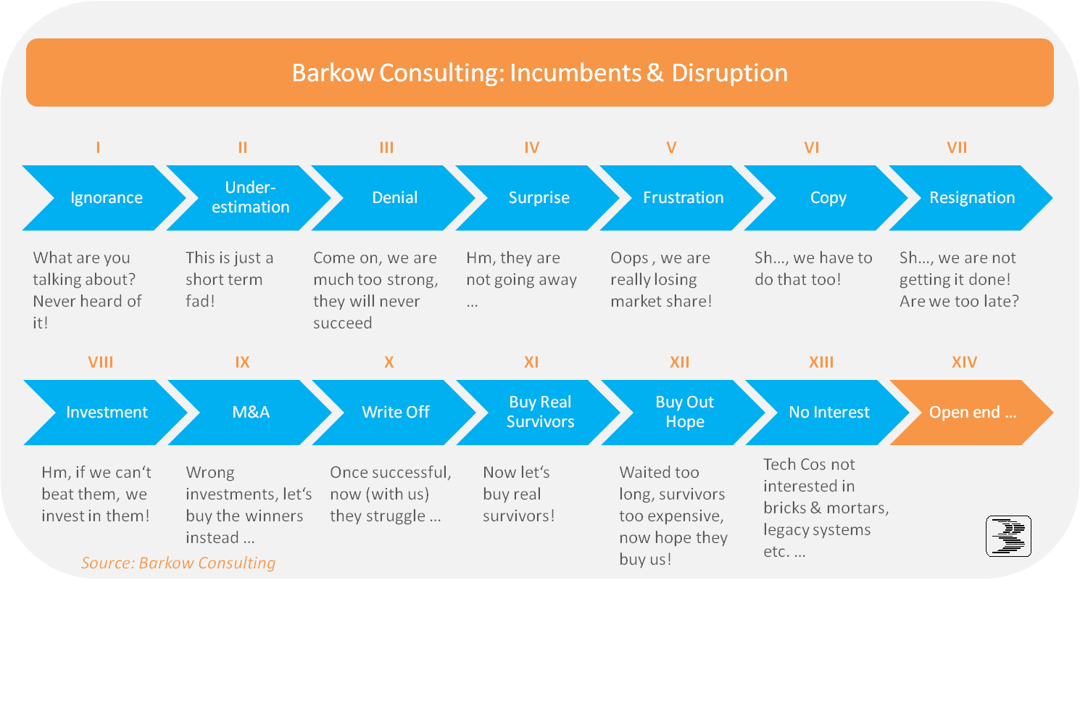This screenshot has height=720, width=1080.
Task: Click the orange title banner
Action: [539, 73]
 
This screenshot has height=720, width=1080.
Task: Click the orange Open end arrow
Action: [972, 413]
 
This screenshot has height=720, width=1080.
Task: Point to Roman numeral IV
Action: [532, 148]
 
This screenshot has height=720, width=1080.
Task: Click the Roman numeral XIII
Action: [821, 362]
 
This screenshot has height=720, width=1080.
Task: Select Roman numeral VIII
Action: [100, 362]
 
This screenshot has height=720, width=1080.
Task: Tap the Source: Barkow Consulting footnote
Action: [178, 563]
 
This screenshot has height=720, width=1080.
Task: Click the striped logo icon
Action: [1008, 536]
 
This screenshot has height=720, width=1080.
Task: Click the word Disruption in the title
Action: [729, 73]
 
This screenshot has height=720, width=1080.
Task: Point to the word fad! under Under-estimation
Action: [200, 301]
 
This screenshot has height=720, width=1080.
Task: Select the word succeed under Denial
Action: [342, 323]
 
